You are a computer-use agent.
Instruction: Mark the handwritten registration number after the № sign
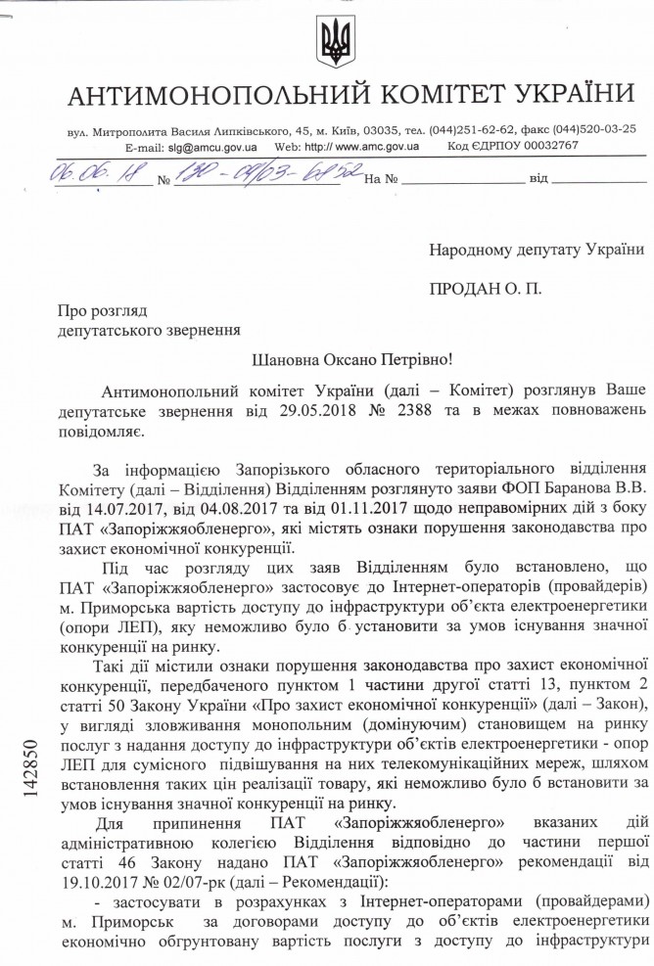pyautogui.click(x=264, y=173)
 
